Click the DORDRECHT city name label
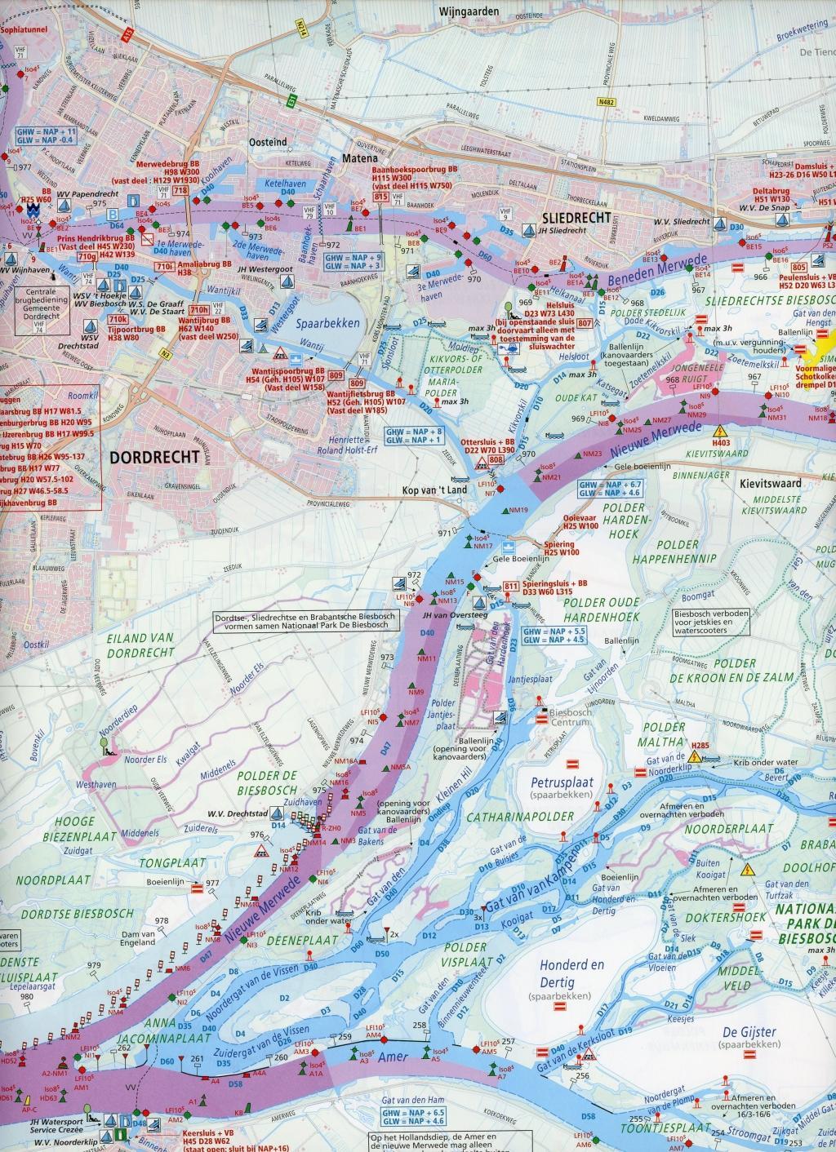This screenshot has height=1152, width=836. point(153,458)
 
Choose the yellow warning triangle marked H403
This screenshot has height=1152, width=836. point(719,432)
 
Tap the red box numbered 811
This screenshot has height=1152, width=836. point(511,587)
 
